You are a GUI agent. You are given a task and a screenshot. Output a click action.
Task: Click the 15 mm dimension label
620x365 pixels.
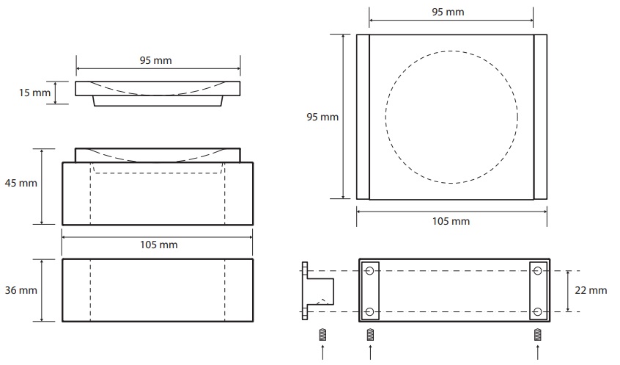(34, 93)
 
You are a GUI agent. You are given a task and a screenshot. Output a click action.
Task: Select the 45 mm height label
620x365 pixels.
(21, 183)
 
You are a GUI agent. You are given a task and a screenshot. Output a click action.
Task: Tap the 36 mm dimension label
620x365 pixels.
(21, 290)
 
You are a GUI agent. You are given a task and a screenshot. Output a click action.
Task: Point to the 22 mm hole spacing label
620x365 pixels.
(591, 291)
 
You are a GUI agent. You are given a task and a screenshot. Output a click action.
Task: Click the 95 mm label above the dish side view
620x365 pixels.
(156, 61)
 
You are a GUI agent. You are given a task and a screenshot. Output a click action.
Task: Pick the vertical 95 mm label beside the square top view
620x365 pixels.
(322, 117)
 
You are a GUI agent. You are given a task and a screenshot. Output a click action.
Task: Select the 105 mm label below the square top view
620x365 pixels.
(451, 221)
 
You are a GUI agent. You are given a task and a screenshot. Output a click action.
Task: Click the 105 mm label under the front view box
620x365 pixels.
(158, 245)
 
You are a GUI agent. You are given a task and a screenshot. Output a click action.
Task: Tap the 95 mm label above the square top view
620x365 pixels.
(448, 12)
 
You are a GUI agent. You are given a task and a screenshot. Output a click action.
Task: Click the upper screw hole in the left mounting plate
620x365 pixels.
(369, 271)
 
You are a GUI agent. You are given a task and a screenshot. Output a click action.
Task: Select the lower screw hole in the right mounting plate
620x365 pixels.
(537, 312)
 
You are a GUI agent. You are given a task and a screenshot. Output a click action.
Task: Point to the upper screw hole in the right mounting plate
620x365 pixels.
(537, 271)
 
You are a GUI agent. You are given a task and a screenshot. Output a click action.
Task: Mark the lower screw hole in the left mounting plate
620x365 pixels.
(369, 312)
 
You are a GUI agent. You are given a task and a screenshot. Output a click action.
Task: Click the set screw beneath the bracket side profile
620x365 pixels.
(322, 335)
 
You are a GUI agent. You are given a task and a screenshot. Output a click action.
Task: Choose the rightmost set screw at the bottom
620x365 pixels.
(538, 335)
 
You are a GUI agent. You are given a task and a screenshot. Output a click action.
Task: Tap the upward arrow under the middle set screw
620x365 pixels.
(370, 353)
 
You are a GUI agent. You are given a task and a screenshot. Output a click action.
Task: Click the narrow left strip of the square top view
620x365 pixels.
(363, 117)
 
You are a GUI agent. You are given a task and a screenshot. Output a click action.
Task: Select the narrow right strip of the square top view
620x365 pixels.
(541, 117)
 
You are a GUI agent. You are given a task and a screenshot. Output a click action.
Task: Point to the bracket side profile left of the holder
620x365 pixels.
(317, 291)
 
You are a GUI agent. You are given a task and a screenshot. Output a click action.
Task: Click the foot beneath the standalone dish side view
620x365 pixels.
(158, 101)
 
